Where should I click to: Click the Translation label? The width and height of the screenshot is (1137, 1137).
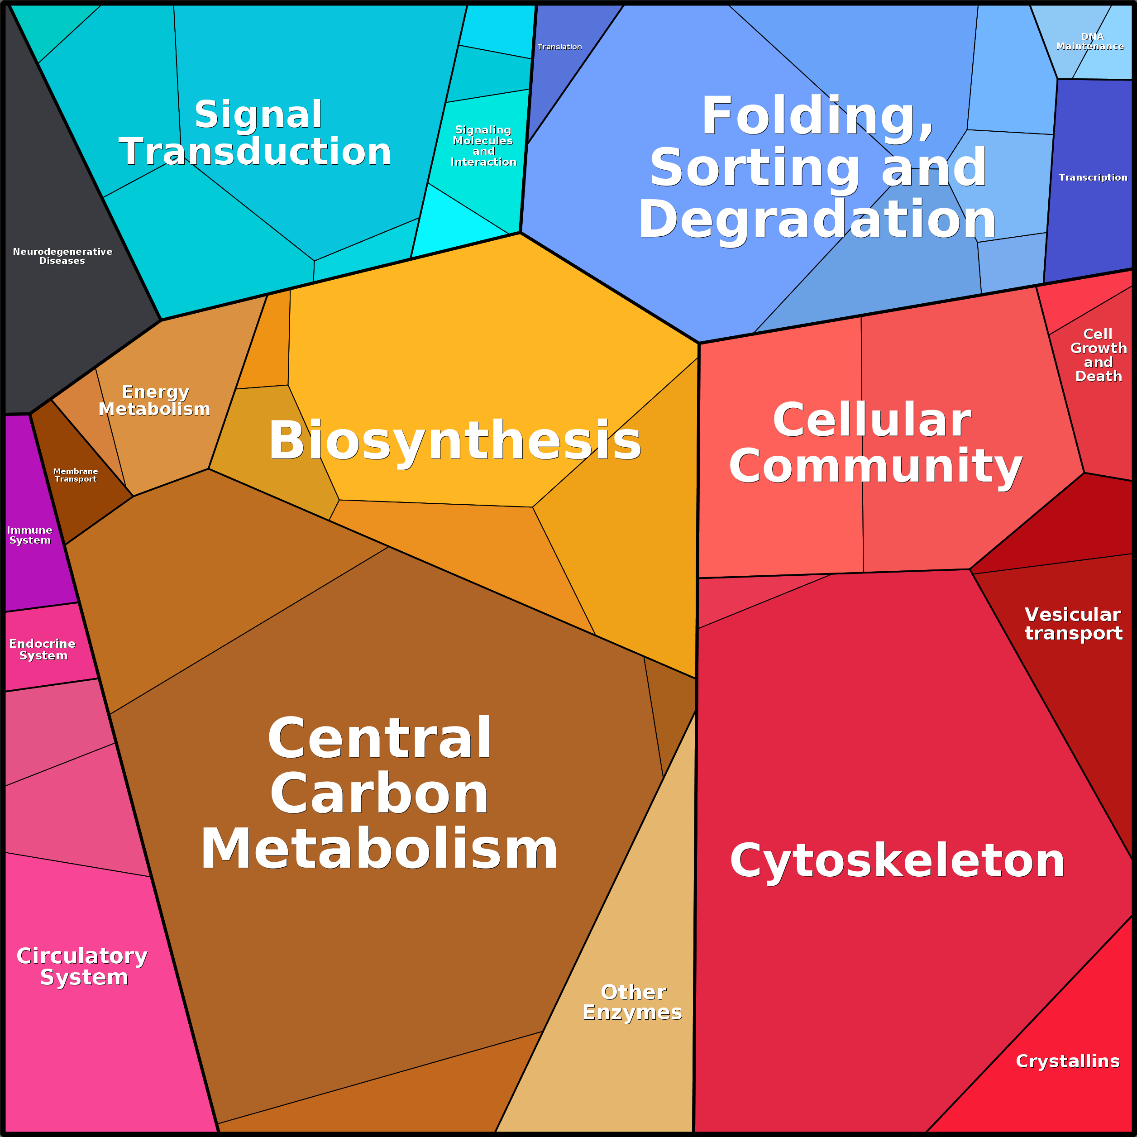[x=559, y=47]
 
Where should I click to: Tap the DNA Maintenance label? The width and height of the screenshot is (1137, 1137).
[x=1090, y=41]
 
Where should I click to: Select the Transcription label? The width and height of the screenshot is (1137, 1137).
[x=1093, y=177]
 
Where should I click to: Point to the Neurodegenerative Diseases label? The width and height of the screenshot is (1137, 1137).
[x=62, y=256]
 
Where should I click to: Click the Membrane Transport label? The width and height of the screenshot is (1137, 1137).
[x=75, y=475]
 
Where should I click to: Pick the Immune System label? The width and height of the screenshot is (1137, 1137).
[x=29, y=535]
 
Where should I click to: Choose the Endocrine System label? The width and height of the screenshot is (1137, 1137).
[x=43, y=649]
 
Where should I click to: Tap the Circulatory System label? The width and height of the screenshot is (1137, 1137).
[x=82, y=966]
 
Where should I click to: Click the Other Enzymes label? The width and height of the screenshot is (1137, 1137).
[x=633, y=1002]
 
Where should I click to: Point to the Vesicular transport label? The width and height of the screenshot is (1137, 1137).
[x=1073, y=624]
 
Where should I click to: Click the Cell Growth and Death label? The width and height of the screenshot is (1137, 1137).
[x=1098, y=355]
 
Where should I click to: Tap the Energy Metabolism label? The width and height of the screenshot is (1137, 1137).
[x=155, y=400]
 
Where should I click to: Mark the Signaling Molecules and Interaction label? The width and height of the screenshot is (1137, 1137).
[x=483, y=146]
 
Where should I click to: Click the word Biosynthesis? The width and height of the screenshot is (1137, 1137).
[x=454, y=441]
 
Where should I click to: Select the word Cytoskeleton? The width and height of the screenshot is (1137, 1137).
[x=898, y=860]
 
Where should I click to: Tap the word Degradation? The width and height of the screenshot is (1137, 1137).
[x=817, y=220]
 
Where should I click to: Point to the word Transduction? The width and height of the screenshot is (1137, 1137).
[x=255, y=152]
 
